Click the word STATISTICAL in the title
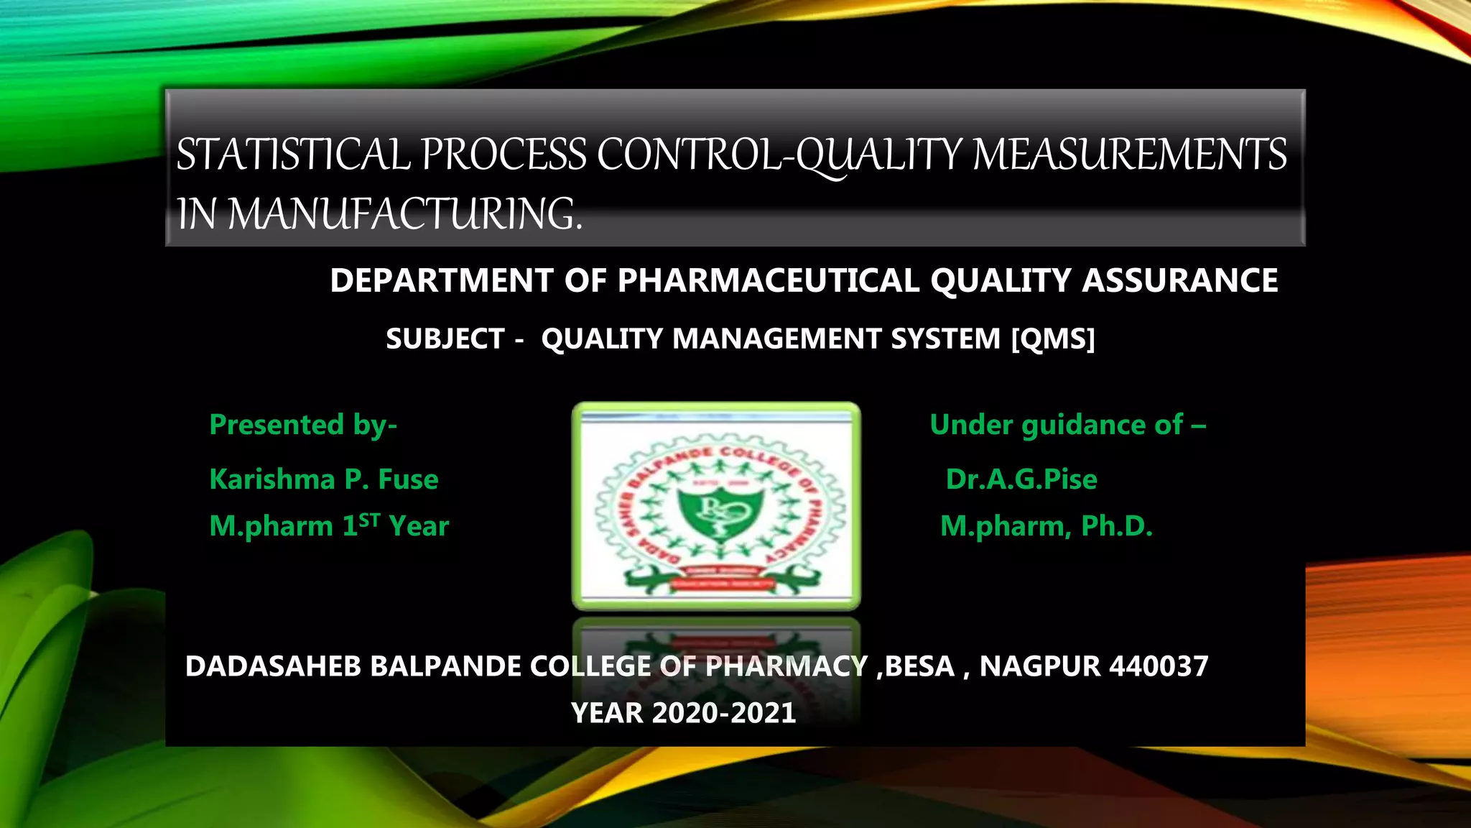(x=293, y=155)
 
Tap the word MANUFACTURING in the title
(x=404, y=214)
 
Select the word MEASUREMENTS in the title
(x=1129, y=155)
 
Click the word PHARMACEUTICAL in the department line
(x=768, y=280)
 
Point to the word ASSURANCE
(x=1180, y=280)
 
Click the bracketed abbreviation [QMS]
(x=1053, y=339)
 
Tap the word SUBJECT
(x=445, y=339)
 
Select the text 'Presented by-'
(x=303, y=425)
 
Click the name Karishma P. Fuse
(x=323, y=479)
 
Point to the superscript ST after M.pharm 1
(x=369, y=520)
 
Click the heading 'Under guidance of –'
(x=1067, y=425)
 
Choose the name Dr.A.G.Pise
(x=1021, y=479)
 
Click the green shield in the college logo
(x=715, y=512)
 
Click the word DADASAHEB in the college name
(x=273, y=666)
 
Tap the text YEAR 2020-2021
(x=683, y=713)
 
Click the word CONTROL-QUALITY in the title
(x=779, y=155)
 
